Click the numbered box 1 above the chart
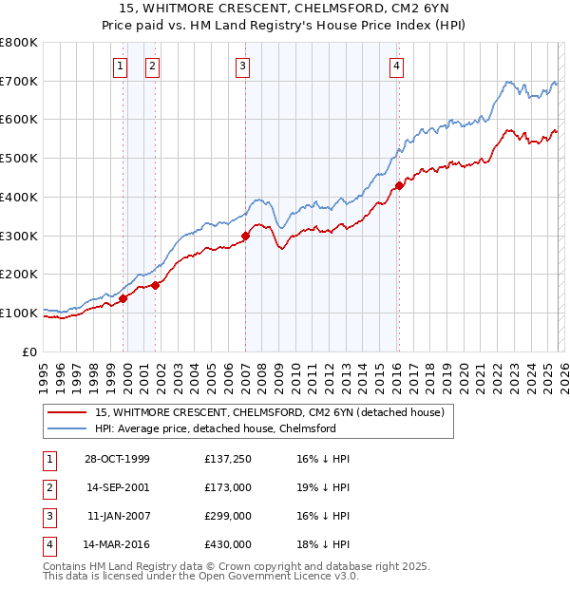tap(121, 66)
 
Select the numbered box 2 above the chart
tap(152, 66)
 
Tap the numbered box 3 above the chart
tap(243, 66)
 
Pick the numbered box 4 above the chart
tap(396, 66)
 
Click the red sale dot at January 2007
tap(245, 236)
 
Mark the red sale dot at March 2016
tap(399, 185)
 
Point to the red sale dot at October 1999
tap(123, 298)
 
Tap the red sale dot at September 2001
tap(155, 284)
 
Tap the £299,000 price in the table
tap(228, 518)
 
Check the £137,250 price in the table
tap(228, 459)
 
